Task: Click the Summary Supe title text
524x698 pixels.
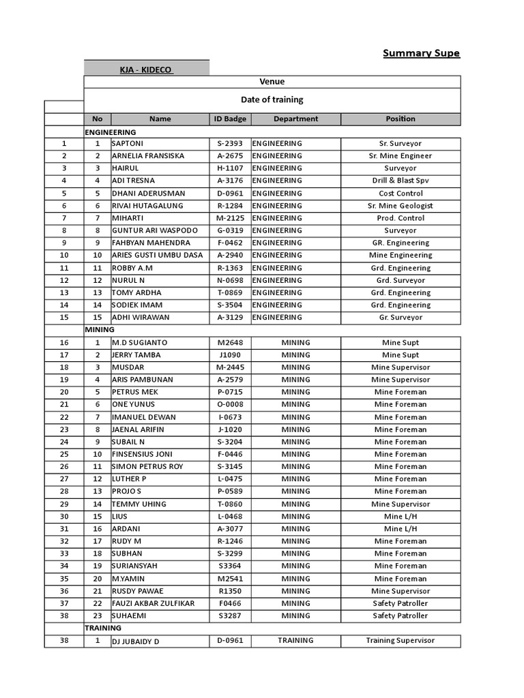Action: tap(421, 53)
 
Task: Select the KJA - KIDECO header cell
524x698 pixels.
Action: tap(146, 70)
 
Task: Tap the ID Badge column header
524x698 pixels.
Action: tap(230, 119)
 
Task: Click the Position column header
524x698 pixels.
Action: tap(400, 119)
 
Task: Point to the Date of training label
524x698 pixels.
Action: tap(272, 100)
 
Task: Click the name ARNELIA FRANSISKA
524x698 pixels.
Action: tap(148, 156)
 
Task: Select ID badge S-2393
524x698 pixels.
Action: tap(230, 144)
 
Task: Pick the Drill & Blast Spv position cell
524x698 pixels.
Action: tap(400, 181)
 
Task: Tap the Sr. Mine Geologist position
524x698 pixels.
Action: tap(400, 206)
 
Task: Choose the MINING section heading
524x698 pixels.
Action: tap(100, 329)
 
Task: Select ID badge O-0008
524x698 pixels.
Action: tap(230, 404)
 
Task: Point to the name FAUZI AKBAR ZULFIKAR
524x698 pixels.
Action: tap(153, 603)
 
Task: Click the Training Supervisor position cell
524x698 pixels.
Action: tap(400, 641)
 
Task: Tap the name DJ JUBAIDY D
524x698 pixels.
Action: tap(135, 641)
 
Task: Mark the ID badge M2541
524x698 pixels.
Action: tap(230, 579)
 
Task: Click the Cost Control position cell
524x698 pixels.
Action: tap(400, 194)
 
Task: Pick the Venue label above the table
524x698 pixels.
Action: tap(272, 82)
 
